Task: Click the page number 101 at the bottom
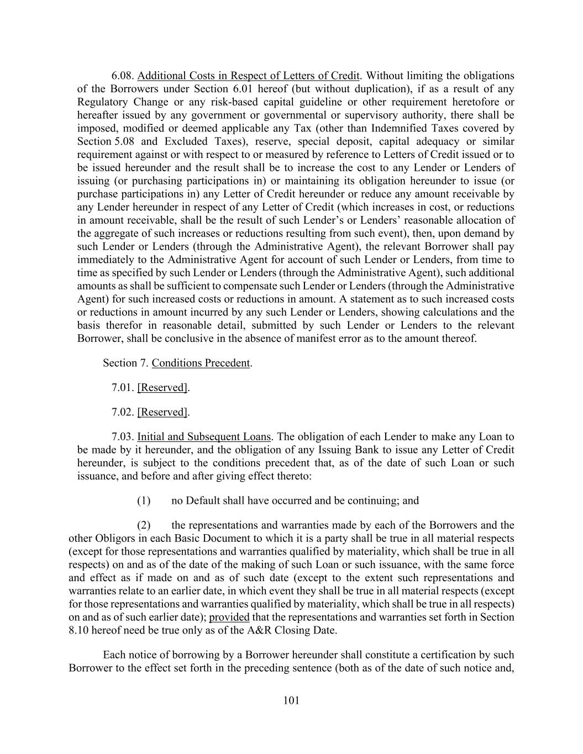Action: coord(291,701)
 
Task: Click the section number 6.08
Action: coord(123,76)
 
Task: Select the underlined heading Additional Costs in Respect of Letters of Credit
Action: coord(249,76)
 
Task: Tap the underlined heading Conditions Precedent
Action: coord(201,363)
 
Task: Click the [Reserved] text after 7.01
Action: coord(162,388)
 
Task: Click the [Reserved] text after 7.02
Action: coord(162,412)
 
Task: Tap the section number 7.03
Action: coord(123,437)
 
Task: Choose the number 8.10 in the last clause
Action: coord(80,631)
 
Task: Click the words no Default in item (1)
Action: coord(195,501)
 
